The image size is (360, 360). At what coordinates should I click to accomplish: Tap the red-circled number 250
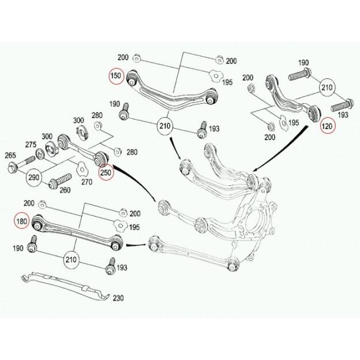click(x=107, y=172)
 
